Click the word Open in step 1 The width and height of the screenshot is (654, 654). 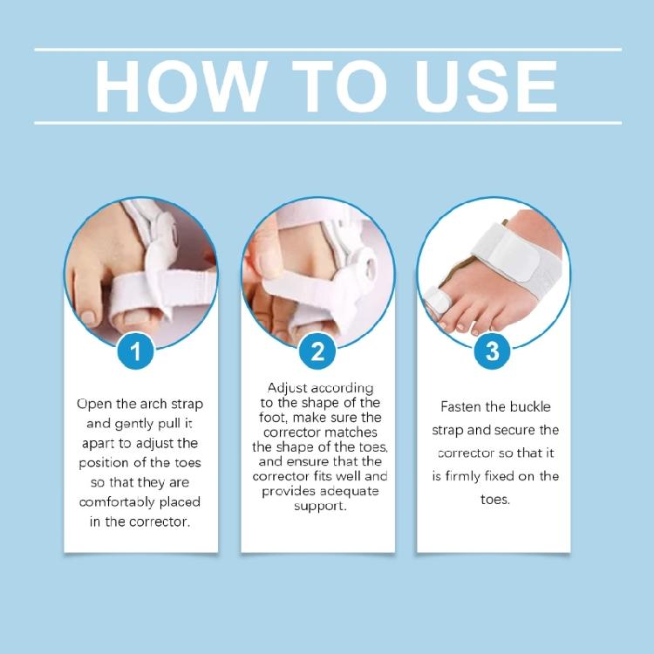point(94,404)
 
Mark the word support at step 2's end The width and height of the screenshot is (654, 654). point(318,506)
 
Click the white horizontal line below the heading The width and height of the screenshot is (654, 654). point(327,123)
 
